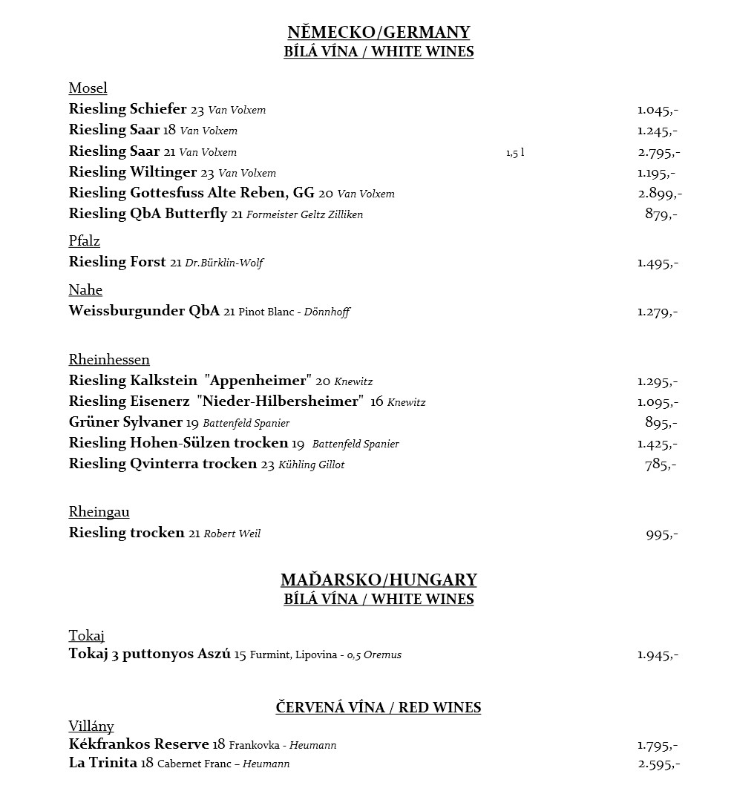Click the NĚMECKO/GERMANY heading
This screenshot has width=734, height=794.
click(379, 32)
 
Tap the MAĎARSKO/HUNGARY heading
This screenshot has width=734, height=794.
click(379, 580)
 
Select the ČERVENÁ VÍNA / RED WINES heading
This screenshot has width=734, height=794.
click(379, 707)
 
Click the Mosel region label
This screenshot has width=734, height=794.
click(88, 88)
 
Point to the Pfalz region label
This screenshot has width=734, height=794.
click(85, 241)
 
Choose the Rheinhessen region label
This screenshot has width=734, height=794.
click(109, 360)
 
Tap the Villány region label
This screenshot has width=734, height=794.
click(91, 726)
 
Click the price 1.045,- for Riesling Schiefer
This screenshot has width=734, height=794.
click(658, 110)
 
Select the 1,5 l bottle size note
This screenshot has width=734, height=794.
click(515, 153)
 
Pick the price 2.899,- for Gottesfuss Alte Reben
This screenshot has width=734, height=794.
click(660, 194)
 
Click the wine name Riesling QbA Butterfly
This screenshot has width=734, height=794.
click(148, 214)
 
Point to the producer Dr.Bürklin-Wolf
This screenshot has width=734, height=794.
click(224, 263)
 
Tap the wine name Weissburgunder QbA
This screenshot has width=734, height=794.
click(144, 311)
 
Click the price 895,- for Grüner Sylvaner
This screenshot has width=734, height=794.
click(661, 423)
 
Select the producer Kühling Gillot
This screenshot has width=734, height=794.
click(312, 465)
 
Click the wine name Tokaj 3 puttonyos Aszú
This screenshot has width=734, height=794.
click(150, 654)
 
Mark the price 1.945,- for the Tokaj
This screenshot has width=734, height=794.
click(658, 655)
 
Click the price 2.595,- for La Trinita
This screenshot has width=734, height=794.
click(658, 764)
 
